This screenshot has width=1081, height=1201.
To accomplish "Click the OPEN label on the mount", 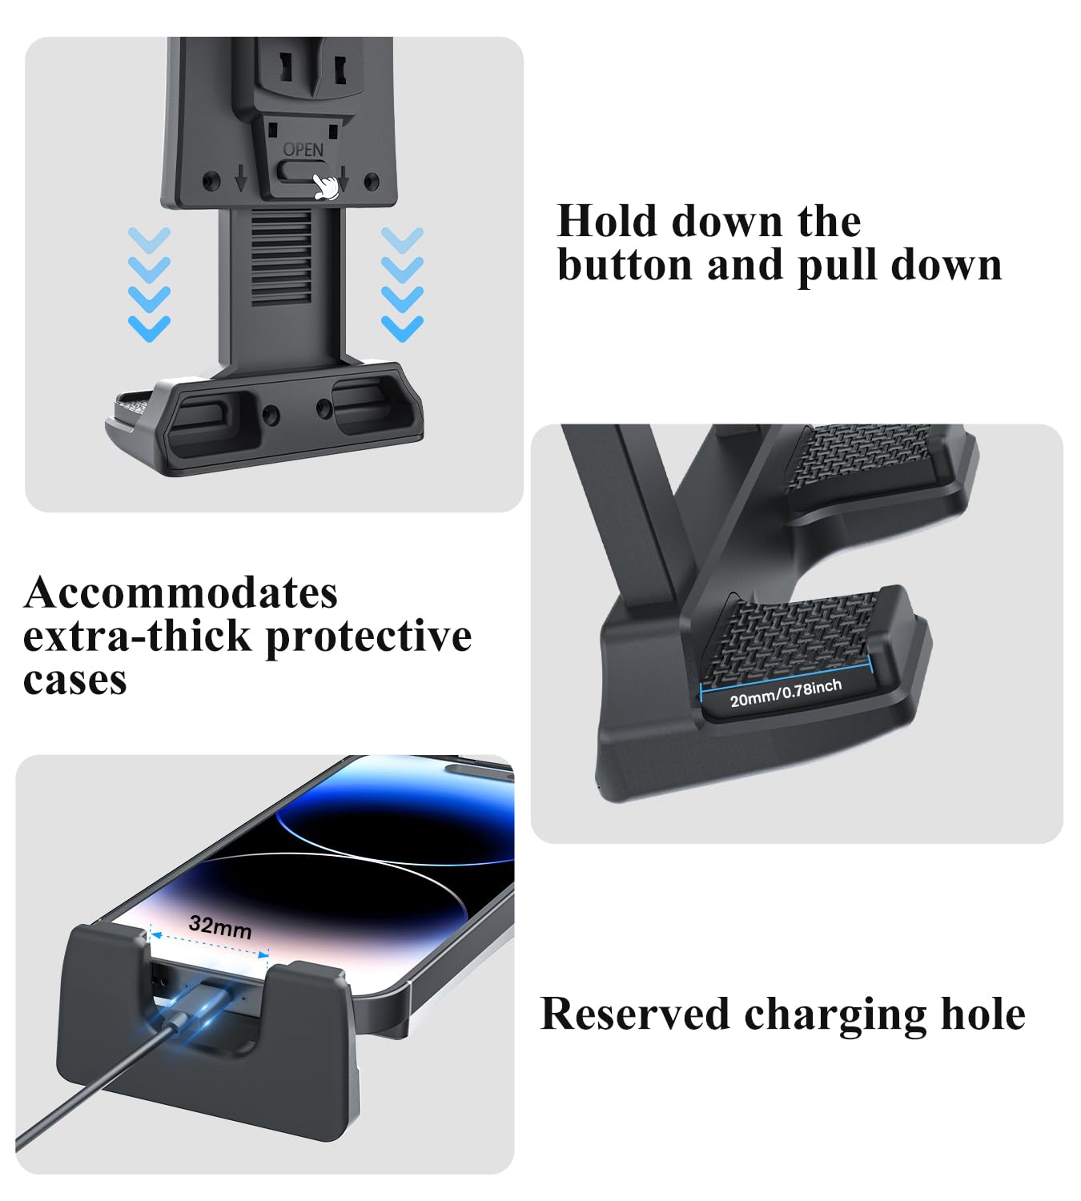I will pyautogui.click(x=303, y=150).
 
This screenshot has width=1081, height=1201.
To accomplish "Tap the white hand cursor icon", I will pyautogui.click(x=325, y=186).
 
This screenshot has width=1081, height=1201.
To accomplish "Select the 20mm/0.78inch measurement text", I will pyautogui.click(x=786, y=693).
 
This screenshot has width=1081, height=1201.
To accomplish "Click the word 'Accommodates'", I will pyautogui.click(x=181, y=593).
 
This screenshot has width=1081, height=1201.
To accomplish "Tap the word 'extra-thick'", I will pyautogui.click(x=137, y=637).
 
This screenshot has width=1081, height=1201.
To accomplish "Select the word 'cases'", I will pyautogui.click(x=75, y=680).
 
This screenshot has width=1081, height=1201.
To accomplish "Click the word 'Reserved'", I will pyautogui.click(x=635, y=1014).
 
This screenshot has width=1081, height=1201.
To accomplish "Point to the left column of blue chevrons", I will pyautogui.click(x=150, y=284).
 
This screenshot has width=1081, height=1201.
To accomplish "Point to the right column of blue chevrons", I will pyautogui.click(x=402, y=284).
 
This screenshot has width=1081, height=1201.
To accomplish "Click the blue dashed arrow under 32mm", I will pyautogui.click(x=209, y=945).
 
